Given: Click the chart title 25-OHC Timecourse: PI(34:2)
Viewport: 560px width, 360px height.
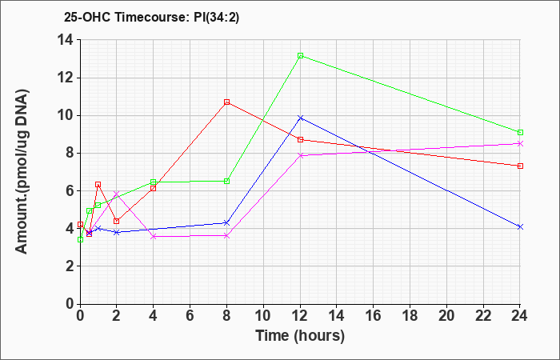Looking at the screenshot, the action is coord(151,17).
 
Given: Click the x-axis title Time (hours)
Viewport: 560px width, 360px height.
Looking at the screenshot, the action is coord(300,336).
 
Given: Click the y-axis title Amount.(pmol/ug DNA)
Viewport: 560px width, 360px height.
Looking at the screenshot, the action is coord(22,171).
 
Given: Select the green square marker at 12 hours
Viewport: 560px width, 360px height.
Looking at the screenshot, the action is coord(300,56).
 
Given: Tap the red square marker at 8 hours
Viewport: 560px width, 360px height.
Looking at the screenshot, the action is coord(226,102).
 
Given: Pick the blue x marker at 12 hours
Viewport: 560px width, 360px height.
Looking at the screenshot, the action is coord(300,118).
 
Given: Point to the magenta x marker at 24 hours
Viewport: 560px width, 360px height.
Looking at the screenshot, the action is coord(520,143).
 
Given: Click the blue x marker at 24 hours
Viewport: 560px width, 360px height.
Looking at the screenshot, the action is coord(520,226).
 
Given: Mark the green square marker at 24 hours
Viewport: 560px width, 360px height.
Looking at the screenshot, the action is coord(520,133).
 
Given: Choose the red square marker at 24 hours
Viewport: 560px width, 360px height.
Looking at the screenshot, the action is coord(520,166).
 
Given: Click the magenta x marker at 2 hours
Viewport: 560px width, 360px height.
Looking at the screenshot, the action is coord(117,194).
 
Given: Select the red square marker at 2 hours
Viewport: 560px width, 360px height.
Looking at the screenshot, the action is coord(117,221).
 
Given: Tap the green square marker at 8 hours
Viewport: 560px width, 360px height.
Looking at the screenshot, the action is coord(226,182).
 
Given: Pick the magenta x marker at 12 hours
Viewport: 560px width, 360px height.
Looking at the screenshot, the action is coord(300,155).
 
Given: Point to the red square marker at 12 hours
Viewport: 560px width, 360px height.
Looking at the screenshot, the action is coord(300,140).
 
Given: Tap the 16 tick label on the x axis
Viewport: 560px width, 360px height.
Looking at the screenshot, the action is coord(374,316).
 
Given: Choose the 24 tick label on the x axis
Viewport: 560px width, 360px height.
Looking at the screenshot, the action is coord(519,316).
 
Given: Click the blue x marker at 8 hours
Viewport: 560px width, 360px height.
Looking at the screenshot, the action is coord(226,223).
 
